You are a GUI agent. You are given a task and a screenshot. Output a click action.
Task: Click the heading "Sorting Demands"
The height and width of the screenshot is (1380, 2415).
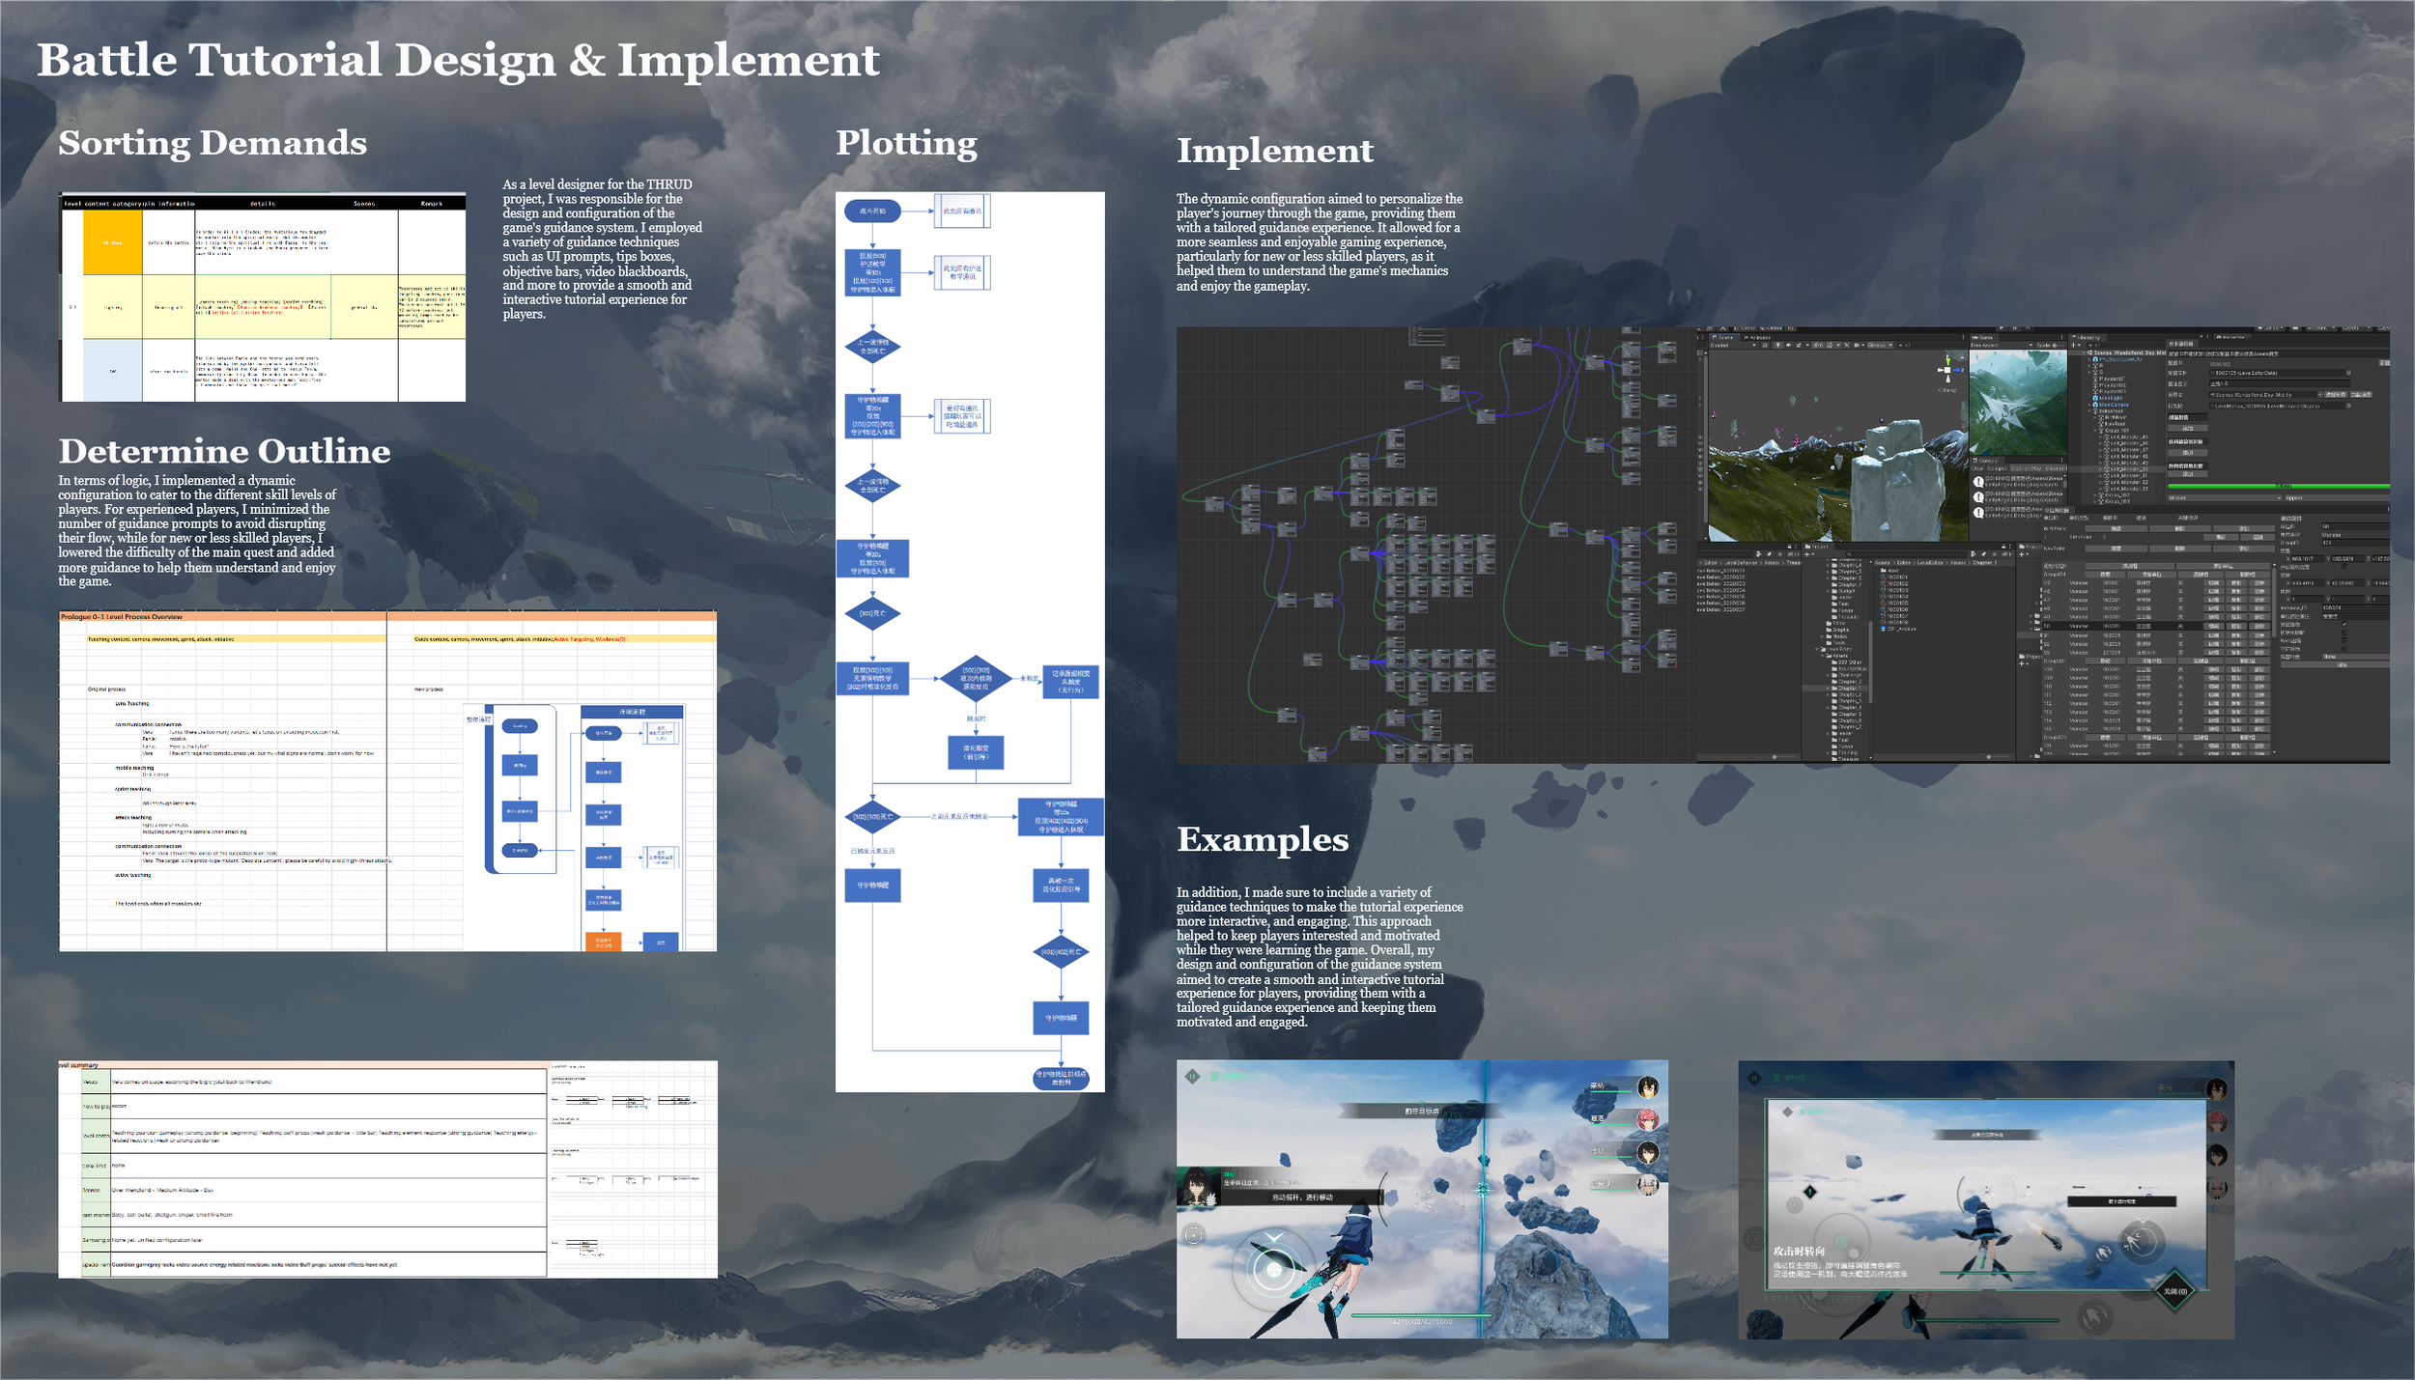point(213,143)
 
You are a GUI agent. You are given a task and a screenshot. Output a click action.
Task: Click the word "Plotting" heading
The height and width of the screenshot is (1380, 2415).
point(906,143)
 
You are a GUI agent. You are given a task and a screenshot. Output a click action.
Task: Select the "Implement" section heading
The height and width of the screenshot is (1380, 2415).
point(1274,151)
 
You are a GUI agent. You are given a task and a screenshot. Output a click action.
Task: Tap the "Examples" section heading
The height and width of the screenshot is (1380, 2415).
point(1262,839)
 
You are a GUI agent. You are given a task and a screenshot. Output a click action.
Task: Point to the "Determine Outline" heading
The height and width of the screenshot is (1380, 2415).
point(224,451)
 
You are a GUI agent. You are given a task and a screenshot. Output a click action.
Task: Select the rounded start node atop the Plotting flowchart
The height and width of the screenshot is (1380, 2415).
point(872,211)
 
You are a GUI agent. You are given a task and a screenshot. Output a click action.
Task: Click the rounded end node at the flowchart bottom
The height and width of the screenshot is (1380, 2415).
point(1061,1078)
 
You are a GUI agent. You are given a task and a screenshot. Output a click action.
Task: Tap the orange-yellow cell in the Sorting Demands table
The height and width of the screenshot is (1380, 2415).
point(112,242)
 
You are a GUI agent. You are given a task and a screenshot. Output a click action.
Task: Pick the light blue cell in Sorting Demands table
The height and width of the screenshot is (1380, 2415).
point(112,370)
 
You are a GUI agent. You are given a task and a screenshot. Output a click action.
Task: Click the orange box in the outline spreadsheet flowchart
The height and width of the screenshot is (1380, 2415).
point(603,942)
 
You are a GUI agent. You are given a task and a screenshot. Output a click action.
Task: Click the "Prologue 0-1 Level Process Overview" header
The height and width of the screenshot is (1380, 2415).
point(122,616)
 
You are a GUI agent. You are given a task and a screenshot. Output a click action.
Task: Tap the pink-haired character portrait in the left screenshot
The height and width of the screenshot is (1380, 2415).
point(1647,1119)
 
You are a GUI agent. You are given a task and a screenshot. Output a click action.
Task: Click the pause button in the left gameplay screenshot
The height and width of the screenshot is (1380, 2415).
point(1193,1076)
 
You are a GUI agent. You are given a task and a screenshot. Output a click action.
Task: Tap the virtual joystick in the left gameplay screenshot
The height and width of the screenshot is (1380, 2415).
point(1274,1269)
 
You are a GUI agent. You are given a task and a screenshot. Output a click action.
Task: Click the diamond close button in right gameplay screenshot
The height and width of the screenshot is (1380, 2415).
point(2174,1291)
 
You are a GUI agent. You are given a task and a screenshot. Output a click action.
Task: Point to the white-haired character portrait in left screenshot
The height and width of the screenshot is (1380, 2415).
point(1647,1184)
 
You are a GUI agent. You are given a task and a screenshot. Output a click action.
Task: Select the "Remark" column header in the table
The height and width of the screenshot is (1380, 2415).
point(431,204)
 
